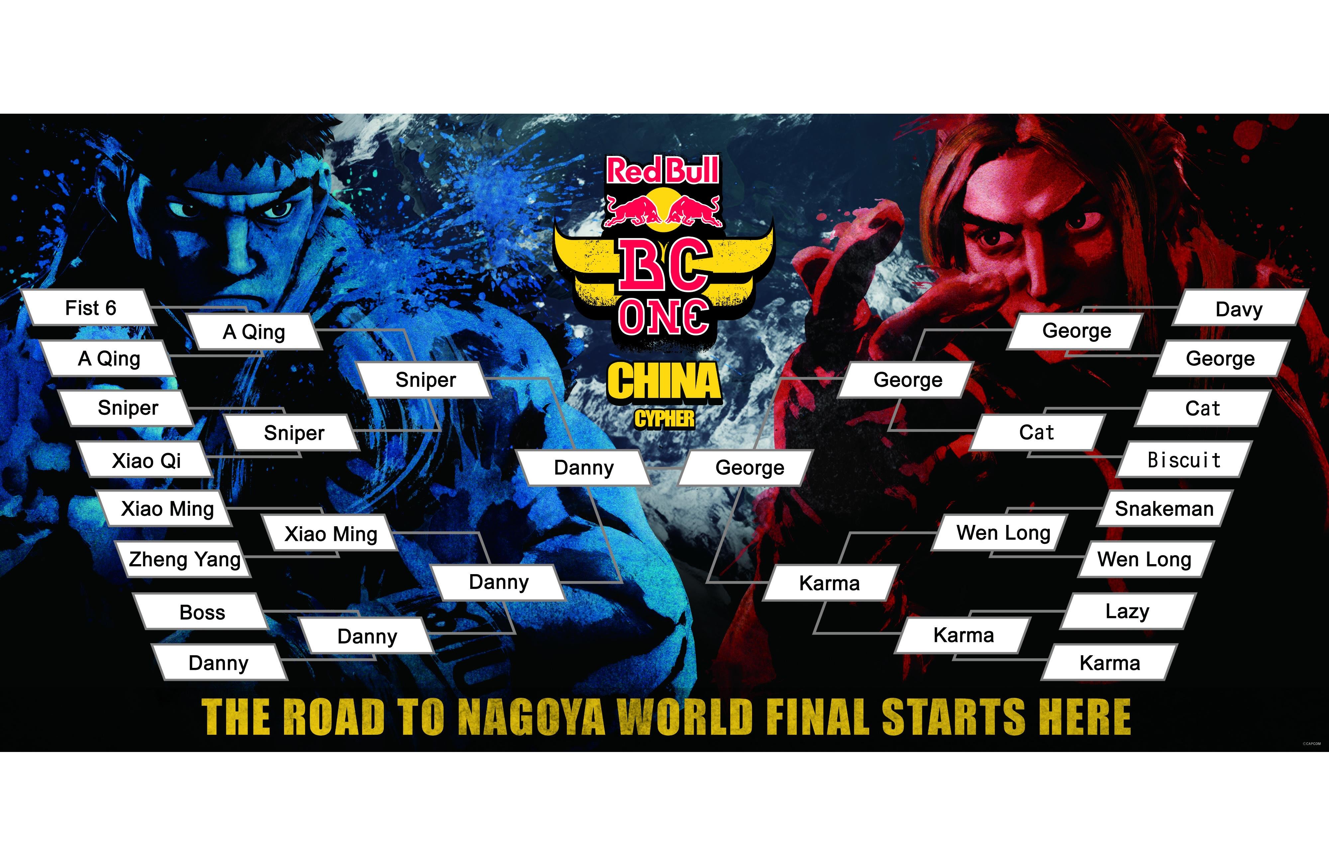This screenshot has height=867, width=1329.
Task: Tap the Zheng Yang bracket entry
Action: coord(184,558)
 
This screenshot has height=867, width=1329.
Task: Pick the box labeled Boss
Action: coord(202,612)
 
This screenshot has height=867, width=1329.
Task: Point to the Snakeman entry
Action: coord(1165,508)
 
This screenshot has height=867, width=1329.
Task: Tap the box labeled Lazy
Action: coord(1127,611)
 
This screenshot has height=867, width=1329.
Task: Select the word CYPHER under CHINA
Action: coord(664,419)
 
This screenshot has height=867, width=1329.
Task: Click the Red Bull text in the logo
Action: coord(663,171)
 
